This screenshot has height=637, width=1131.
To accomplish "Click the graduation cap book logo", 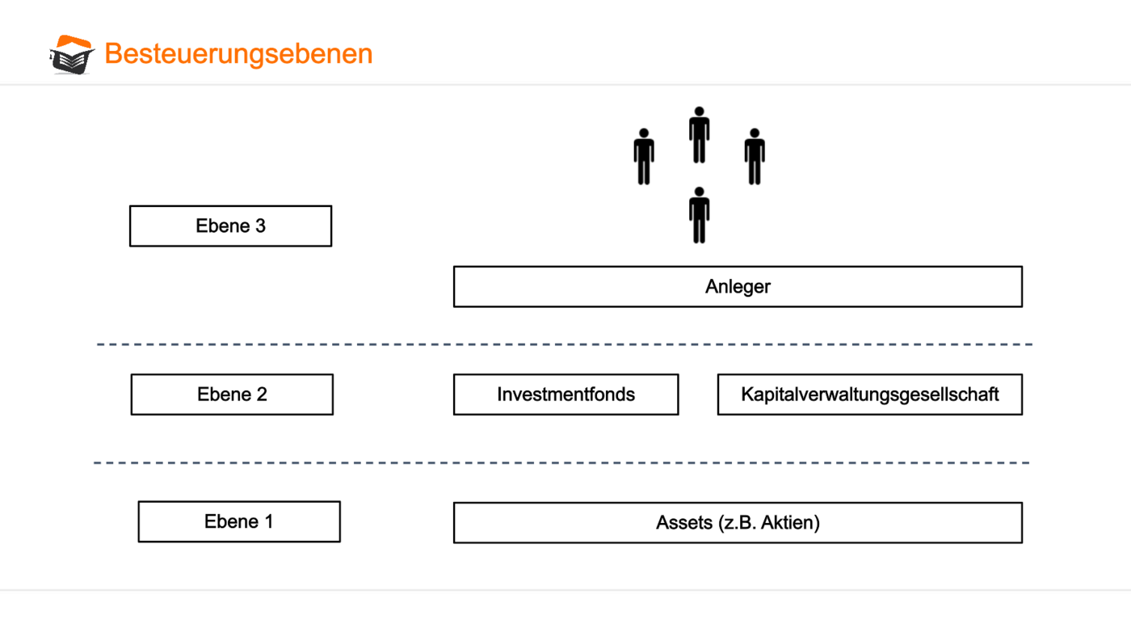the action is click(x=72, y=54).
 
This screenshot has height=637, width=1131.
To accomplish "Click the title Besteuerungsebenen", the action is click(x=238, y=53).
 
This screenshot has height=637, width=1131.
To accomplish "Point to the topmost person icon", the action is click(x=700, y=135).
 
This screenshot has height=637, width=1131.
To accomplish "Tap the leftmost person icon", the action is click(x=644, y=157).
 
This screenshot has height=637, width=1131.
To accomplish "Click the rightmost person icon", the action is click(x=755, y=157).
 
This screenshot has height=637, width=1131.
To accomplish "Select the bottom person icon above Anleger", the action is click(x=700, y=215).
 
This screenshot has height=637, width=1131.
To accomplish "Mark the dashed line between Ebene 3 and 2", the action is click(x=565, y=344).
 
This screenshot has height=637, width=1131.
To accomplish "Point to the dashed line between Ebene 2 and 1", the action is click(x=561, y=462).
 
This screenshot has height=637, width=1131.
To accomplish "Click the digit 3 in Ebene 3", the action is click(x=260, y=226).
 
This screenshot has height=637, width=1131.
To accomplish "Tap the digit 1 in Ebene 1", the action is click(x=268, y=522).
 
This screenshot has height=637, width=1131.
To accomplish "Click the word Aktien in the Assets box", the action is click(x=790, y=523).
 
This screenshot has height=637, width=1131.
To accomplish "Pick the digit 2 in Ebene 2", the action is click(x=262, y=394).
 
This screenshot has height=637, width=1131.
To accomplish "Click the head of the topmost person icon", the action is click(x=700, y=111).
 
